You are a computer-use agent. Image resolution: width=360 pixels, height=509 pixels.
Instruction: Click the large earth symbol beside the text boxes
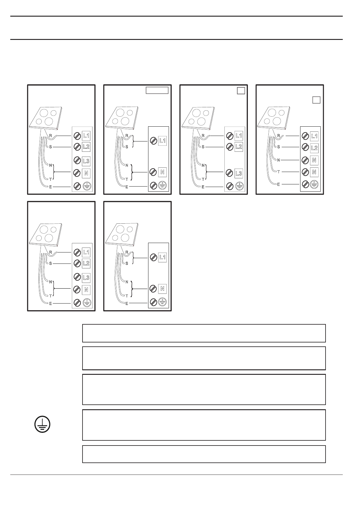click(42, 425)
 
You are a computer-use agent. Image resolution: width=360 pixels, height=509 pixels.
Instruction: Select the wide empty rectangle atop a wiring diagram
click(157, 90)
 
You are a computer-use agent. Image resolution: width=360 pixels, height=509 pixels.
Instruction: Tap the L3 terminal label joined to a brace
click(238, 173)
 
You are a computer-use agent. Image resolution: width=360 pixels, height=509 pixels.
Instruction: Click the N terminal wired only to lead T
click(314, 172)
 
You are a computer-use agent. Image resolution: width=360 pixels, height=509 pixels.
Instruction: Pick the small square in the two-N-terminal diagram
click(316, 100)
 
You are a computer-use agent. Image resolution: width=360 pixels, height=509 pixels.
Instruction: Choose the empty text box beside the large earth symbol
click(204, 425)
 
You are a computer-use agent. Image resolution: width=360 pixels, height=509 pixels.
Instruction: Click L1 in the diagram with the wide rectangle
click(162, 141)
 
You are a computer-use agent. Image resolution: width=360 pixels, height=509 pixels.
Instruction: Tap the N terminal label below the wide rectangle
click(162, 172)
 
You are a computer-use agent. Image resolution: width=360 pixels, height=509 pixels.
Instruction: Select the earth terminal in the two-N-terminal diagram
click(314, 184)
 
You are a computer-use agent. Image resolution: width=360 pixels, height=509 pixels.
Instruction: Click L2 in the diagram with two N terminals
click(314, 148)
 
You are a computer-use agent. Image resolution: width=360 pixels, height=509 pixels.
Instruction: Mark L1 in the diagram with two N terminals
click(314, 136)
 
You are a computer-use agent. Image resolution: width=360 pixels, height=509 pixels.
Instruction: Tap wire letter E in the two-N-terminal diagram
click(278, 184)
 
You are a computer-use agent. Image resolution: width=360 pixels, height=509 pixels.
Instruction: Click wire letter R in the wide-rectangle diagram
click(127, 135)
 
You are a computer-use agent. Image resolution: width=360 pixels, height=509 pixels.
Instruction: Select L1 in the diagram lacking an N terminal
click(238, 136)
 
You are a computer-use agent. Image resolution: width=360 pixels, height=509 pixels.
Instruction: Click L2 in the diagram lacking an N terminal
click(238, 147)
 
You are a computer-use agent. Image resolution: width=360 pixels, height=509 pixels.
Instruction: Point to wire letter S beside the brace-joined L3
click(203, 147)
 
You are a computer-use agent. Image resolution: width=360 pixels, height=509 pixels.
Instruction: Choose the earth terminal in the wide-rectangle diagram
click(162, 185)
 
